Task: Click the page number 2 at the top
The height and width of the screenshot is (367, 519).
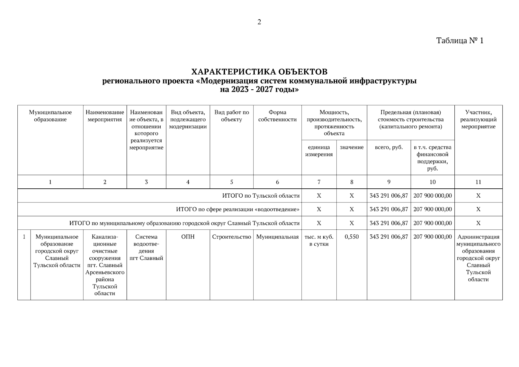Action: (x=259, y=22)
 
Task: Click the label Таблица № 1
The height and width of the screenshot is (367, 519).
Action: (x=460, y=41)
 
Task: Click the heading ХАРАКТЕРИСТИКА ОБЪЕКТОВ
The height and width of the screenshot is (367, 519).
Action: (x=259, y=72)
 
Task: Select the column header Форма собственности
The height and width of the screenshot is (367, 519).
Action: (x=277, y=116)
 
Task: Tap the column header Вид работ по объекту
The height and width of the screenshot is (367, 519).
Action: (x=231, y=116)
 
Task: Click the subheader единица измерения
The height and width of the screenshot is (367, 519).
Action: (x=319, y=151)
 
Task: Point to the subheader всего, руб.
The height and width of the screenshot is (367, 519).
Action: (x=389, y=147)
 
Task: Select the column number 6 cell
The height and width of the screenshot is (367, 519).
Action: (x=277, y=182)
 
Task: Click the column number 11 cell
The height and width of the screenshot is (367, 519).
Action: (x=478, y=182)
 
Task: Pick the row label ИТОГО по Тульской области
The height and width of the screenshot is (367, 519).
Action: (x=261, y=196)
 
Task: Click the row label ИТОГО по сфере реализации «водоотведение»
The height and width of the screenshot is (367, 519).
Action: (x=238, y=209)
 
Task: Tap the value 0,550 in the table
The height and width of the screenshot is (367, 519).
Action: (x=352, y=237)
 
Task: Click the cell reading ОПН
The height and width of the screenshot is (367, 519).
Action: (x=188, y=237)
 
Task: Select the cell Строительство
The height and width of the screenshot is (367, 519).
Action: (x=231, y=237)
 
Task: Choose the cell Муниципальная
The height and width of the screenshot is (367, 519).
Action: (x=277, y=237)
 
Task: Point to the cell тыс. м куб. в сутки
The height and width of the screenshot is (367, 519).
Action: (x=319, y=240)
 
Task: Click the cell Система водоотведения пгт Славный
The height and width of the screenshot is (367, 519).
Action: (x=146, y=247)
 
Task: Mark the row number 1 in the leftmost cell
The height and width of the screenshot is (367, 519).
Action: (x=24, y=237)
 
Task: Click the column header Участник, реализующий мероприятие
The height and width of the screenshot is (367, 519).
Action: (x=478, y=120)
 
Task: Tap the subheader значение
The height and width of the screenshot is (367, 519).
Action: (x=352, y=147)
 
